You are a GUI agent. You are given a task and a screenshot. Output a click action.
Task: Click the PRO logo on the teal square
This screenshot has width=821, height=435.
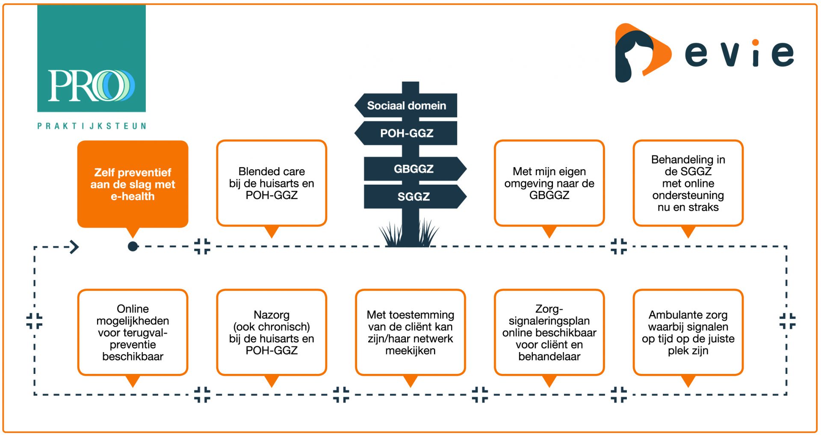91,85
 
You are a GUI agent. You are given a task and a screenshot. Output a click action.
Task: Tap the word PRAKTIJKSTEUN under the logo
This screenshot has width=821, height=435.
92,126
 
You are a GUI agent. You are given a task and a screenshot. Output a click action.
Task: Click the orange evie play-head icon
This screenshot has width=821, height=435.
641,53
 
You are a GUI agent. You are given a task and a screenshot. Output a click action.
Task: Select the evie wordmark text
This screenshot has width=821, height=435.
739,53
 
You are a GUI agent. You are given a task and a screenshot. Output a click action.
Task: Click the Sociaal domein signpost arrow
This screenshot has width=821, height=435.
406,106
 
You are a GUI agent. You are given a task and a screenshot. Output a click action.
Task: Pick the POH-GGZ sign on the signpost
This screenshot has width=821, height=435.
406,133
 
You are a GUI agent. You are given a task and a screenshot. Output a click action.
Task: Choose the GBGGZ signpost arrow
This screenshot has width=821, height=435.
414,169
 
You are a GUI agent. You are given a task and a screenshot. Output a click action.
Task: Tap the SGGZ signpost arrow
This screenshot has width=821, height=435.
414,197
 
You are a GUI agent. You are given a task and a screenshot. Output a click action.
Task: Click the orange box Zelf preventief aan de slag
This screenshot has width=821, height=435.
133,184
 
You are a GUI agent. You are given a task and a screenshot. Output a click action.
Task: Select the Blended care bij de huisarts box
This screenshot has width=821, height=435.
272,183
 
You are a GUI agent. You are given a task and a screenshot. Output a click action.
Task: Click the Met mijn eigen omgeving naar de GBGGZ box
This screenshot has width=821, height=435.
549,183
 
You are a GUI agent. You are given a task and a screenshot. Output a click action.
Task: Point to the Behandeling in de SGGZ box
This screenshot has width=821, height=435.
688,183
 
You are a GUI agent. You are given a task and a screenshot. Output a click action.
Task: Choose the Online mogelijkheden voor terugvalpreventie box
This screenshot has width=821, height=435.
133,332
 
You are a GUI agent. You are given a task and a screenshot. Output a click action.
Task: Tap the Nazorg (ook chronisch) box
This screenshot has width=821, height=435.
272,332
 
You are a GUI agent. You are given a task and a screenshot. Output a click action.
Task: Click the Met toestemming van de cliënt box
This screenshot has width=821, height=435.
410,332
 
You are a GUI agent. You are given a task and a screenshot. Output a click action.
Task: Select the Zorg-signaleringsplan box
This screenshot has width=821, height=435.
549,332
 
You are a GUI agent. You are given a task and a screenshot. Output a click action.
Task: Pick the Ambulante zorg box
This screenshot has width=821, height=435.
688,332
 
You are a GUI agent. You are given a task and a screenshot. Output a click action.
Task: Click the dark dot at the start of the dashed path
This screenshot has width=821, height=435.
133,247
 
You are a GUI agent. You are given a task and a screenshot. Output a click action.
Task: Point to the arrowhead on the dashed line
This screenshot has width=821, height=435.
74,247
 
